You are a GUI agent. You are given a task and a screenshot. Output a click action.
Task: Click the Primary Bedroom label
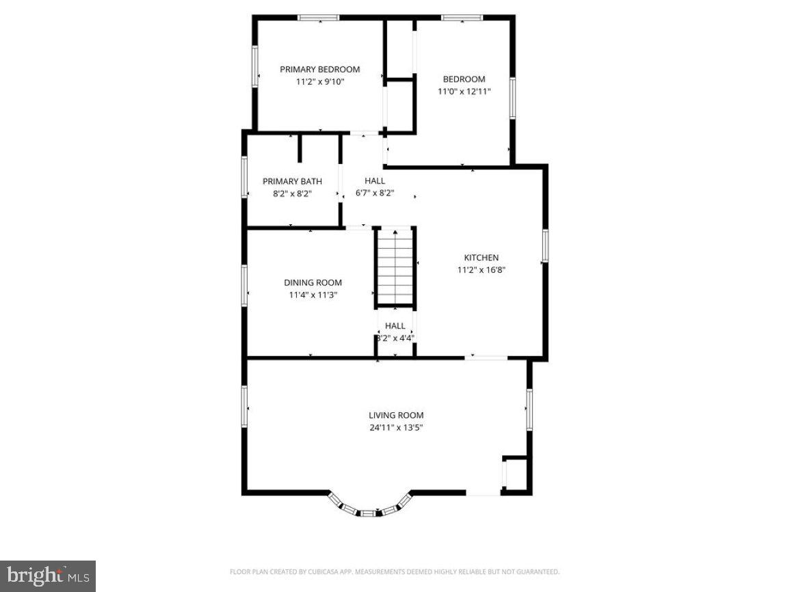point(319,69)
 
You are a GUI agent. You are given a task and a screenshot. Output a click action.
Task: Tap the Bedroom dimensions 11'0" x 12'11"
point(464,91)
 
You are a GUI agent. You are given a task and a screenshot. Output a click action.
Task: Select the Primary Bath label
point(292,181)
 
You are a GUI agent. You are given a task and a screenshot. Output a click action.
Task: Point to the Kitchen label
point(482,258)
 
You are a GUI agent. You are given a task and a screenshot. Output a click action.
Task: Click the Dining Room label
point(313,282)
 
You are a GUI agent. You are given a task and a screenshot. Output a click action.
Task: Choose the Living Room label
point(396,415)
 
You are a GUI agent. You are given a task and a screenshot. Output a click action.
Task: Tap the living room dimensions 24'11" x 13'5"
point(396,428)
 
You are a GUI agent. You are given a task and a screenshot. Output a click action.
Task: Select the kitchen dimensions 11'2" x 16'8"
point(482,270)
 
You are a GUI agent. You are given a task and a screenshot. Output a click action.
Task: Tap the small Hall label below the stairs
point(395,326)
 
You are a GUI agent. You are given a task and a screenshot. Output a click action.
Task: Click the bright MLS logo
point(47,576)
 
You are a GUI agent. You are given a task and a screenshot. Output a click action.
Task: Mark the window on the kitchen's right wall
point(545,245)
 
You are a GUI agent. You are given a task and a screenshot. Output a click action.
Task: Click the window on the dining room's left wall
point(244,285)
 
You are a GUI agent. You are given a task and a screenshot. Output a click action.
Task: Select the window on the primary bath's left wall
point(244,178)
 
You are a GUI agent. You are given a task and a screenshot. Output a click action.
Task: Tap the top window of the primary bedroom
point(318,18)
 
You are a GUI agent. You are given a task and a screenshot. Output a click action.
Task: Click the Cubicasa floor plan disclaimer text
point(395,571)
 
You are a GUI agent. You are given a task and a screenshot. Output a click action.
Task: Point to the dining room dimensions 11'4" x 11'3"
point(313,295)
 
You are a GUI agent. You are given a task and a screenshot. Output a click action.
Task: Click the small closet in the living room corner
point(516,473)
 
